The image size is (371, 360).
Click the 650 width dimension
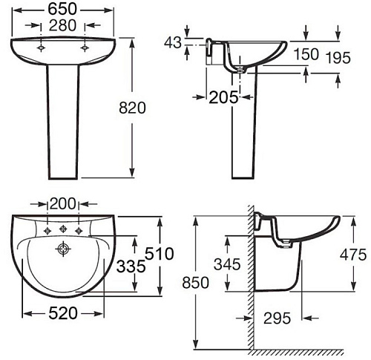[62, 10]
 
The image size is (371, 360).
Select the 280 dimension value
[62, 25]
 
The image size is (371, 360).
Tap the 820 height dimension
[132, 108]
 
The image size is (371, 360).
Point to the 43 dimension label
[173, 42]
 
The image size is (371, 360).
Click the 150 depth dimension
[306, 54]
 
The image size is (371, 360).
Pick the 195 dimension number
[338, 58]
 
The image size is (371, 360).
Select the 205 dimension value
[223, 97]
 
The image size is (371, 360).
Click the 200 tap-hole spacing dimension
[62, 204]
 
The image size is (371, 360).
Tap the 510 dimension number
[160, 254]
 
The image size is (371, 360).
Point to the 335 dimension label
[131, 266]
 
